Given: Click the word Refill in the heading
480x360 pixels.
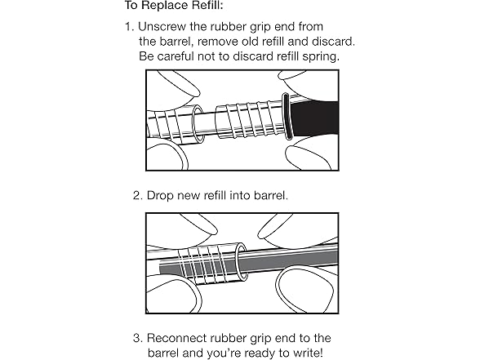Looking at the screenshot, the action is [x=207, y=5].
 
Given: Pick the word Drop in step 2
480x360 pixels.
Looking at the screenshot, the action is [x=160, y=196].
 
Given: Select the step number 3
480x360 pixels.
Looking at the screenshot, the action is [x=138, y=338].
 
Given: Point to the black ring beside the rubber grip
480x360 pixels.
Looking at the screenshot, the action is [x=287, y=116].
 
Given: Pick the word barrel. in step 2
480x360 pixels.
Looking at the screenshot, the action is [x=271, y=196].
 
